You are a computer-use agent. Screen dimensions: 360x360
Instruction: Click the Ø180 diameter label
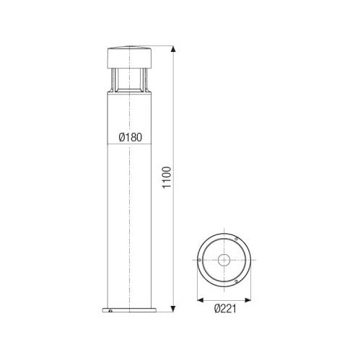coord(127,136)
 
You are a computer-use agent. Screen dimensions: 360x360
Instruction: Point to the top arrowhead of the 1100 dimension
coord(173,50)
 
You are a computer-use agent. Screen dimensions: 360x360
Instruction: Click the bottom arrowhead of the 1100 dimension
coord(173,311)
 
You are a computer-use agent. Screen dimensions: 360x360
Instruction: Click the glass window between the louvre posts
coord(127,82)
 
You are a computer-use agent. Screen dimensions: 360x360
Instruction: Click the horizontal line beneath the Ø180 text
coord(127,145)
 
